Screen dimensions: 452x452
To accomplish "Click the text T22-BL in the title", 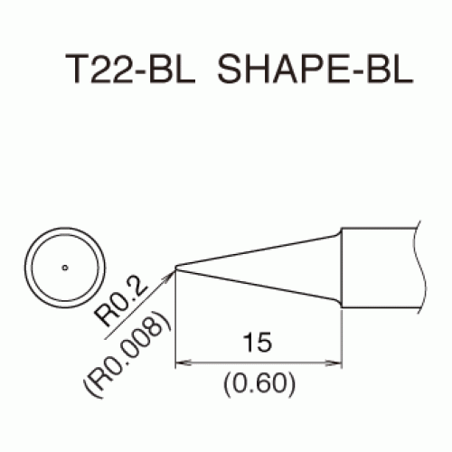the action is [130, 69].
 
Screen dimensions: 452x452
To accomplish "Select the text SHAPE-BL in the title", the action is [315, 69].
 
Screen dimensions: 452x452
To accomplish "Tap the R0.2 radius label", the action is [121, 304].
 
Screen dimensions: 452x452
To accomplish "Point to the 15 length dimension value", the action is [257, 343].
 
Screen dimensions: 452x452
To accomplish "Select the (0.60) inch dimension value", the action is [259, 383].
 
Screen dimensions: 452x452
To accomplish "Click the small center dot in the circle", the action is [65, 268].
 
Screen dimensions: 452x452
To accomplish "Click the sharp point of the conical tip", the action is [175, 268].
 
